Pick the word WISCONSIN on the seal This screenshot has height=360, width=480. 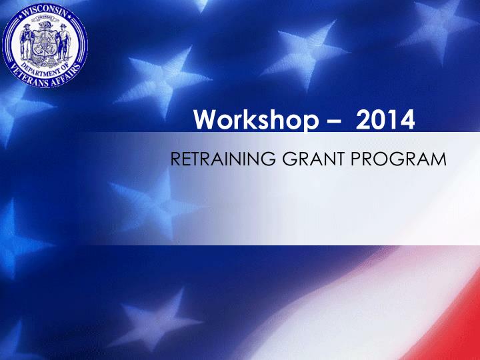coord(45,12)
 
